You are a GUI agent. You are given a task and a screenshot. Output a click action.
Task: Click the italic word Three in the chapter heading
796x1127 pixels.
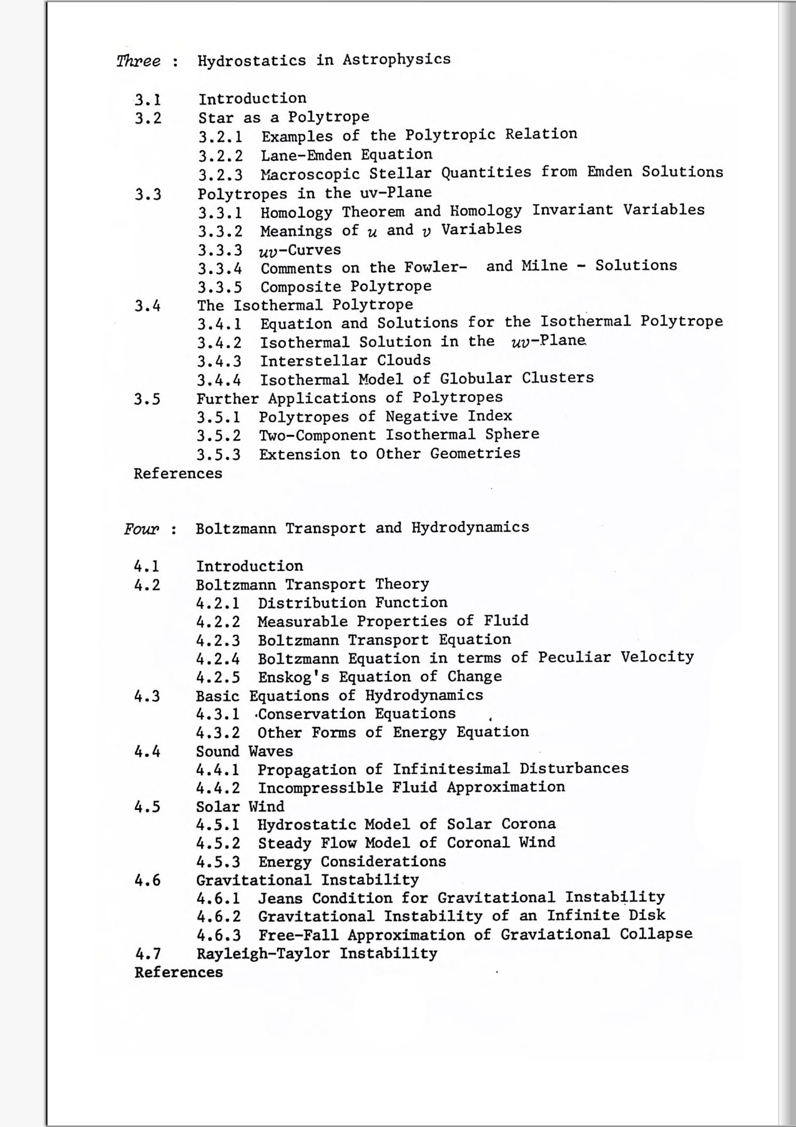click(138, 61)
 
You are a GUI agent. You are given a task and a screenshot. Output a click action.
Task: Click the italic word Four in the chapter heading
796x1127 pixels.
click(141, 529)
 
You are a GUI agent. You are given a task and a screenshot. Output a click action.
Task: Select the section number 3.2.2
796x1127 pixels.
click(220, 155)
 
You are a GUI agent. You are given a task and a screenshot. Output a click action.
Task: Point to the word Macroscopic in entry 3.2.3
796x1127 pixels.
click(310, 173)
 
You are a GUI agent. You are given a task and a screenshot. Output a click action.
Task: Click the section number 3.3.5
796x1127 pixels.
click(220, 288)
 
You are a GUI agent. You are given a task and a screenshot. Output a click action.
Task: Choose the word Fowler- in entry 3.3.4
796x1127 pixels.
click(436, 268)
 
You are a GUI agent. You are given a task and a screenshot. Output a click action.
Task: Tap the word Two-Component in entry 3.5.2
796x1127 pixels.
click(317, 435)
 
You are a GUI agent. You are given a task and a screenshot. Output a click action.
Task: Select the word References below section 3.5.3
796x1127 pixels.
click(178, 474)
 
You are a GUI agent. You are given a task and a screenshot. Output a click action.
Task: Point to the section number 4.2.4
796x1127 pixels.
click(218, 659)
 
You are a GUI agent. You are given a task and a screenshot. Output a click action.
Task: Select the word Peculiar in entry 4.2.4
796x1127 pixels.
click(574, 658)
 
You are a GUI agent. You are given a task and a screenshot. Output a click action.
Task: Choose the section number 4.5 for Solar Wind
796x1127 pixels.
click(147, 807)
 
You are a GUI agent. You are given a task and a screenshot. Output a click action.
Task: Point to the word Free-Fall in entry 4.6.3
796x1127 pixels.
click(298, 935)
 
